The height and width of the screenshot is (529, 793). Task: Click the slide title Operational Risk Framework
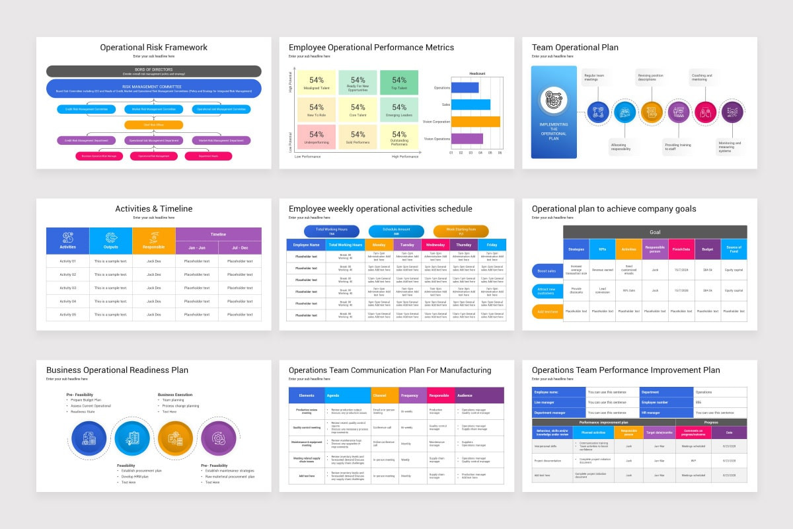(x=153, y=48)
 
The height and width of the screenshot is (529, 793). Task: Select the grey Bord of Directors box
(x=153, y=71)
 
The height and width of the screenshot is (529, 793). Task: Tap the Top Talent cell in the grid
(x=399, y=83)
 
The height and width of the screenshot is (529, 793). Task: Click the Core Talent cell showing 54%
(x=358, y=110)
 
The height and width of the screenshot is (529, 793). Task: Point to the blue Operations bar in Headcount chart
(x=465, y=87)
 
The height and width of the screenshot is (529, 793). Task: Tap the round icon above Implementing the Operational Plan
(x=553, y=100)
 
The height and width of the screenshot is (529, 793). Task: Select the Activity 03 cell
(x=67, y=288)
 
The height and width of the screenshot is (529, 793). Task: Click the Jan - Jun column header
(x=197, y=247)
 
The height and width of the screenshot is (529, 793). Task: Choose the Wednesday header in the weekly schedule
(x=435, y=245)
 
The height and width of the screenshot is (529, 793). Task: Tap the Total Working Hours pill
(x=331, y=231)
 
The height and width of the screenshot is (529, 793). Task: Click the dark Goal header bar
(x=654, y=232)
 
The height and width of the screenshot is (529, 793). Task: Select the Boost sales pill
(x=547, y=270)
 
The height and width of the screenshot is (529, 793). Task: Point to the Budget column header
(x=707, y=249)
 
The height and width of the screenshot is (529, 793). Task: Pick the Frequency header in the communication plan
(x=409, y=395)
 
